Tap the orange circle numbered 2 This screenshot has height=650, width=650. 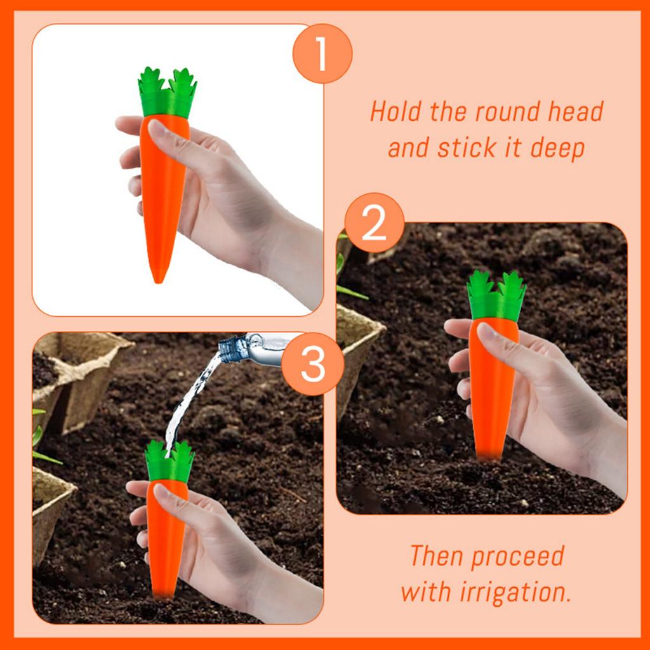coord(373,224)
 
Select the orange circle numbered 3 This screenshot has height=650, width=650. coord(313,364)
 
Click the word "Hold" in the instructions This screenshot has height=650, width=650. coord(397,112)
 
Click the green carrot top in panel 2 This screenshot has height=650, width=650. coord(496,296)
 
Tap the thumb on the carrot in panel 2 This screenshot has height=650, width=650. coord(499,339)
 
